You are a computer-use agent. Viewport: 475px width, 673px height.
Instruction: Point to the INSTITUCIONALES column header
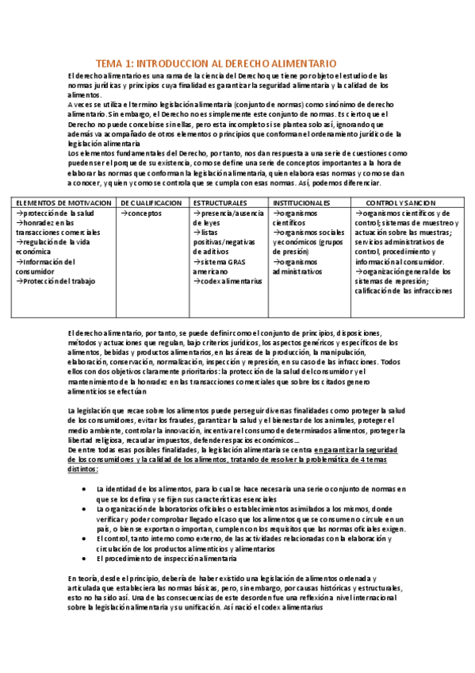click(301, 203)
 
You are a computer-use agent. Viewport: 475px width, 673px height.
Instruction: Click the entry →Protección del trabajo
click(58, 281)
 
